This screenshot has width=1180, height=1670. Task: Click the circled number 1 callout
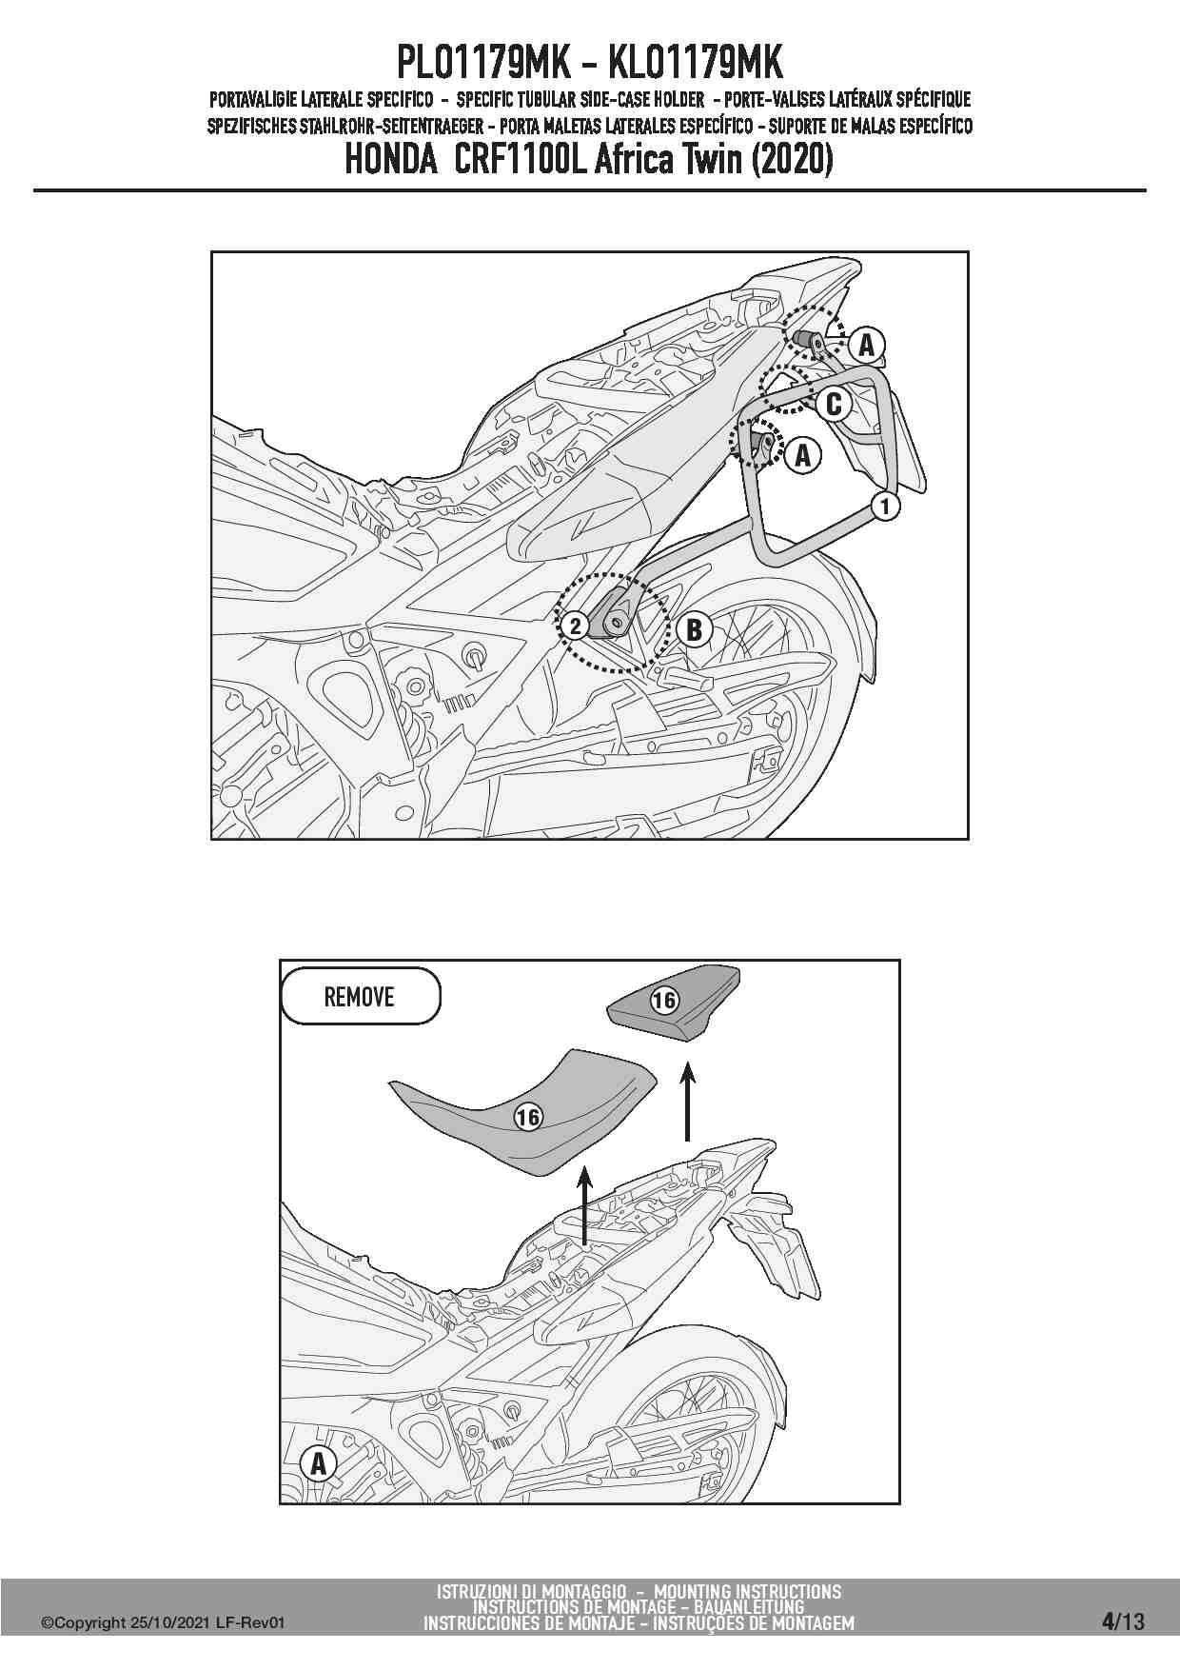[x=885, y=507]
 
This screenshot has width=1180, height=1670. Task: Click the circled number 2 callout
[x=575, y=626]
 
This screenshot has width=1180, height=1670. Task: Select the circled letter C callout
[x=834, y=405]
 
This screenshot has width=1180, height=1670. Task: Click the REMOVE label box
[x=361, y=997]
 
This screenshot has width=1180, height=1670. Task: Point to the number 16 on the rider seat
[x=528, y=1117]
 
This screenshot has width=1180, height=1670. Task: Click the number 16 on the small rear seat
[x=664, y=1000]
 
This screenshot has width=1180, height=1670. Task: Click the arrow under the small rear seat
[x=687, y=1102]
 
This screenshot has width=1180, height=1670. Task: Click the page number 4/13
[x=1124, y=1620]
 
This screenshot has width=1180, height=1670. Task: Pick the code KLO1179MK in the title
[x=695, y=64]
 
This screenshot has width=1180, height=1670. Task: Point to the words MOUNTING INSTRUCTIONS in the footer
[x=747, y=1591]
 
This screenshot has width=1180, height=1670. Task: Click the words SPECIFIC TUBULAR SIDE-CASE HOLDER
[x=580, y=100]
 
